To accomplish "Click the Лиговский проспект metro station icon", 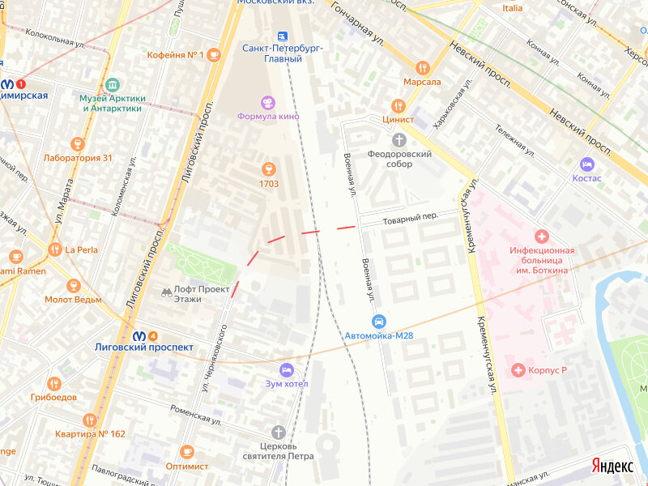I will point(139,336).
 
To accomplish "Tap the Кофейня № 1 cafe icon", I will point(214,55).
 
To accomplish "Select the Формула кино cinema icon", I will point(268,102).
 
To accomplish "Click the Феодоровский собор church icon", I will point(398,140).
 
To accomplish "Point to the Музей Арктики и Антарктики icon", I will point(112,85).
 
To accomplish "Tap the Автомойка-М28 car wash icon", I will point(379,322).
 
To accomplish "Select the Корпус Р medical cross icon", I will point(518,370).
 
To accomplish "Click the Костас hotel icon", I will point(586,164).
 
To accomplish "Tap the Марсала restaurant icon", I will point(421,68).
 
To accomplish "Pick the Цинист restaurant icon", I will point(398,105).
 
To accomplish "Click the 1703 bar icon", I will point(269,169).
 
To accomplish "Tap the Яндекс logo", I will point(612,466).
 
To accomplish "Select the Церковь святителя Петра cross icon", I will point(279,432).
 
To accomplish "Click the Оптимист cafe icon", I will point(187,452).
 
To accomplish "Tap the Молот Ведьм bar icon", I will point(74,285).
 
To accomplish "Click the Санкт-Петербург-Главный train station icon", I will point(283,36).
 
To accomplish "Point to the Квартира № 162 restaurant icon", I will point(89,420).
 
